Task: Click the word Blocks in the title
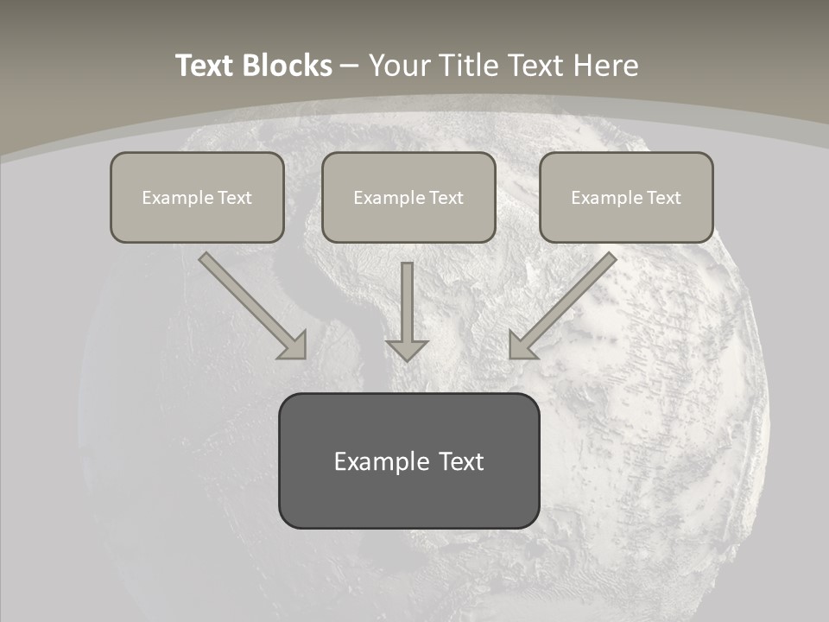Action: (288, 66)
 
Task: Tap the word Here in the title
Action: (604, 66)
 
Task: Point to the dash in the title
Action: (349, 67)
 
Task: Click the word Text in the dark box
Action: (461, 461)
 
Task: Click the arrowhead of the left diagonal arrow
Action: (295, 346)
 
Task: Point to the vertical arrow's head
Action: (407, 350)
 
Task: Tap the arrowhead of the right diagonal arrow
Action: (520, 346)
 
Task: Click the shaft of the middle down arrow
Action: (407, 298)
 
